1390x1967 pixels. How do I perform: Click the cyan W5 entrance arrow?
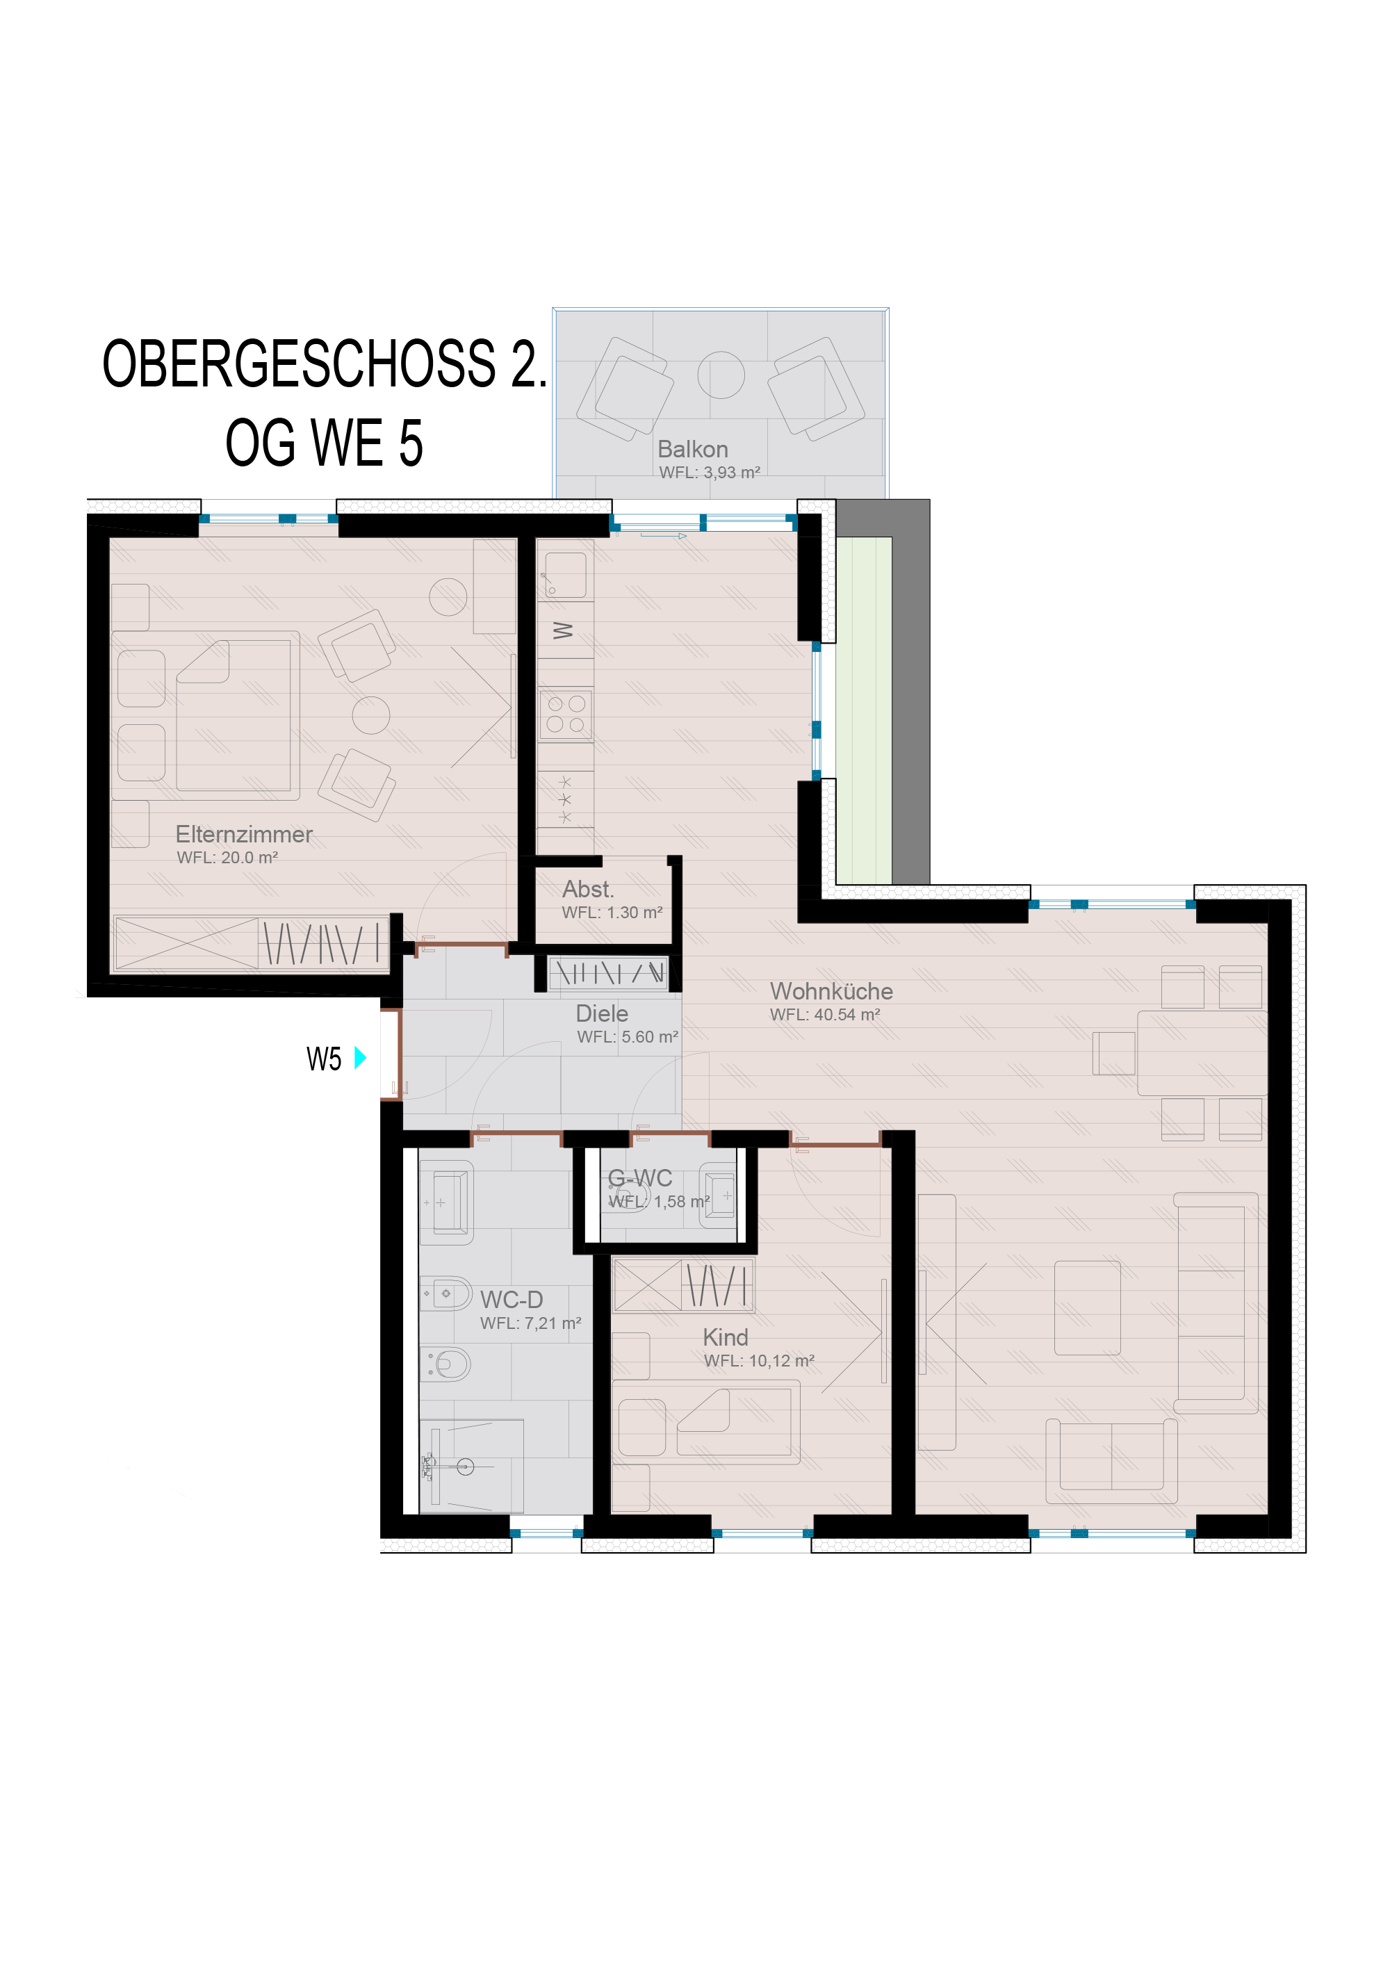point(360,1057)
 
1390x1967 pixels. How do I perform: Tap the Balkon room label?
point(693,449)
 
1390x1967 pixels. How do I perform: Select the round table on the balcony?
point(721,375)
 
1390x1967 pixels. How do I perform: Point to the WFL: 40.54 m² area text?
point(825,1014)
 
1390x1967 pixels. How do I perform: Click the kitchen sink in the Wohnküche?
point(565,575)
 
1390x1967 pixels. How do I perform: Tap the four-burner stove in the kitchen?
point(565,715)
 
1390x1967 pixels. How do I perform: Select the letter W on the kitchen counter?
point(563,630)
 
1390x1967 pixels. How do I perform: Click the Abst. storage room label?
point(589,888)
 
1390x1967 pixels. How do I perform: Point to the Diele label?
point(602,1013)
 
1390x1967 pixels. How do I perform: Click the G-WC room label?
point(640,1178)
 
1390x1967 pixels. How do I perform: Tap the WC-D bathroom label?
point(512,1300)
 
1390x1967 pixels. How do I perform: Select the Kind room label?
point(726,1337)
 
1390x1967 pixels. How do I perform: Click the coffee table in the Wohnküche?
point(1088,1307)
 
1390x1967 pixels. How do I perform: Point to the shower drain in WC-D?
point(465,1467)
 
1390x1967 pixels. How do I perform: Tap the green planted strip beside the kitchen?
point(864,710)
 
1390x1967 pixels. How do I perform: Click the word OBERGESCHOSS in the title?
point(299,364)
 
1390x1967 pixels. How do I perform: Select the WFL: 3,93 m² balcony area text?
point(710,472)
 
